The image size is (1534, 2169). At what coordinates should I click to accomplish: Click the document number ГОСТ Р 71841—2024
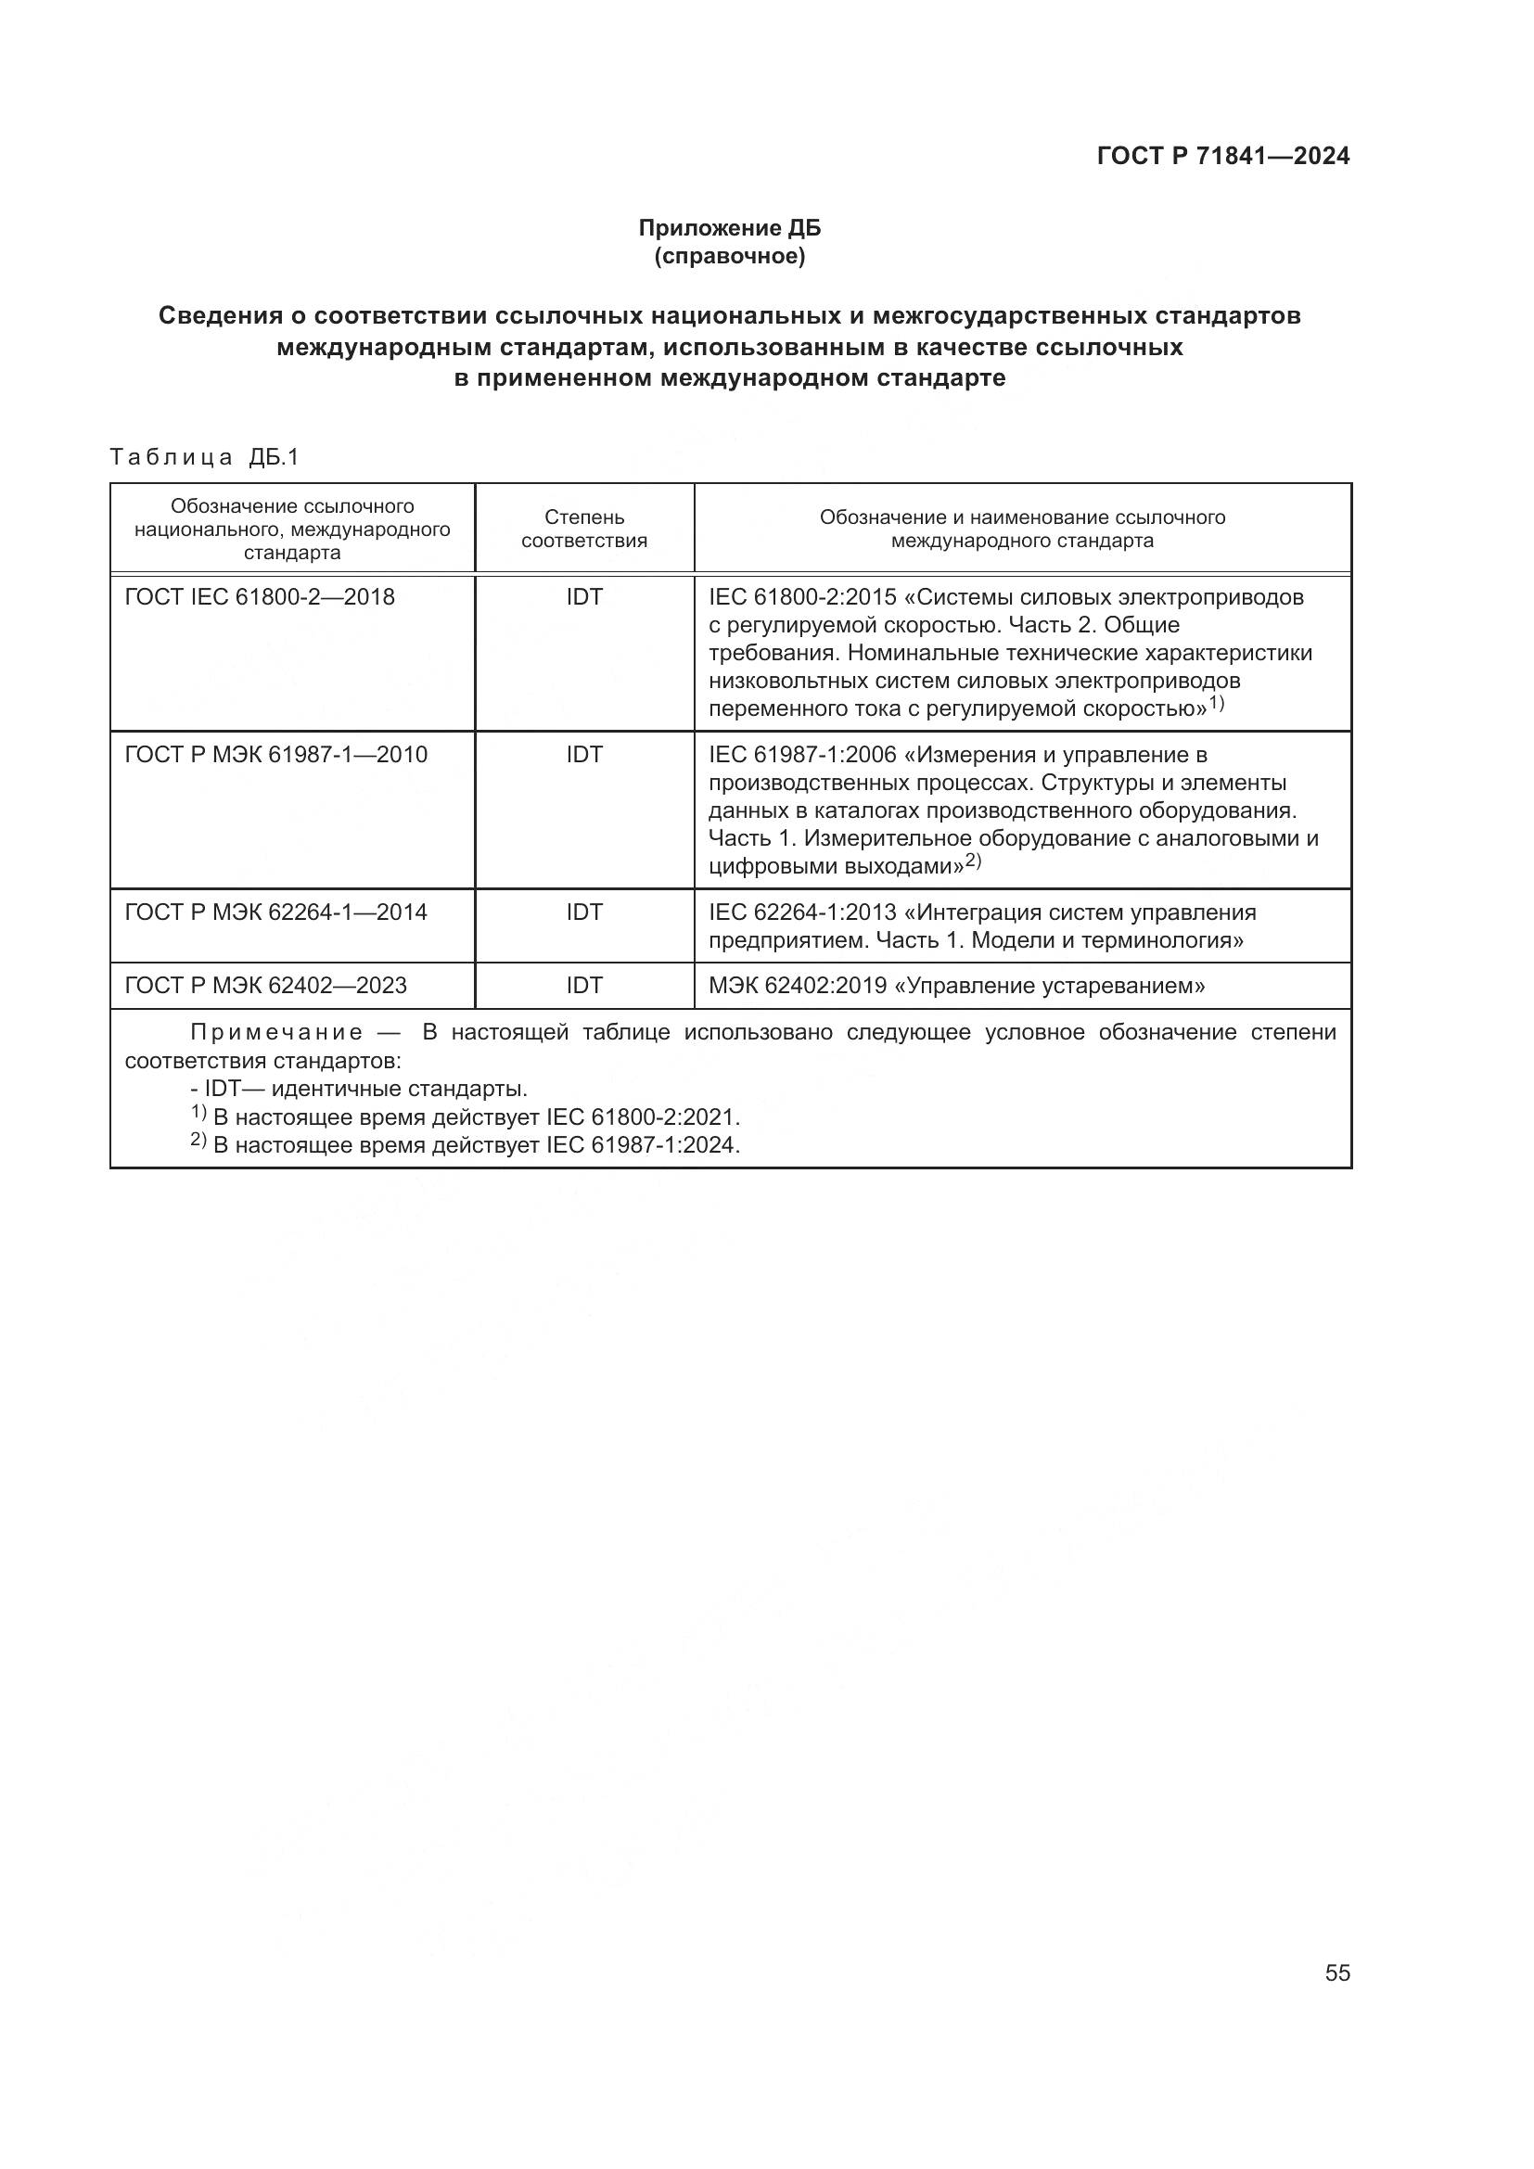1222,156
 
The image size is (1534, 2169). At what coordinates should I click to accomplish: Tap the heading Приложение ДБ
729,228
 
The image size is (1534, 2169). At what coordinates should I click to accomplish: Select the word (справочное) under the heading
729,256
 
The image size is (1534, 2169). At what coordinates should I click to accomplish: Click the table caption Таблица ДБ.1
204,457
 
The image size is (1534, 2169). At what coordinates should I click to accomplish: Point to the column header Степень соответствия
583,528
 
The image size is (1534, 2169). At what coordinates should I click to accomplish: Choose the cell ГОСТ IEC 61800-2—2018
260,597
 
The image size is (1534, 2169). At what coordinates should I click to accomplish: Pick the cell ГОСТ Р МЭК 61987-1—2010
275,755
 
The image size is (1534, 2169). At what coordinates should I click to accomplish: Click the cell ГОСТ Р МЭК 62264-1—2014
275,912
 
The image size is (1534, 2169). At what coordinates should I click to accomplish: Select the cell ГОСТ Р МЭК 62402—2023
265,987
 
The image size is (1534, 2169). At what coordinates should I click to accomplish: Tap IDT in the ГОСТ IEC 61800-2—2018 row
583,597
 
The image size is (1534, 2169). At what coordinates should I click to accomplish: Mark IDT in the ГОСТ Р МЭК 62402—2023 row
583,987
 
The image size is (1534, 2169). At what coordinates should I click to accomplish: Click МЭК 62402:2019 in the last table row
798,987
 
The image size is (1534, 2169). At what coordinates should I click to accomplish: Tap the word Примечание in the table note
275,1032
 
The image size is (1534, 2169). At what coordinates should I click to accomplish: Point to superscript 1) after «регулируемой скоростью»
1216,703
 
